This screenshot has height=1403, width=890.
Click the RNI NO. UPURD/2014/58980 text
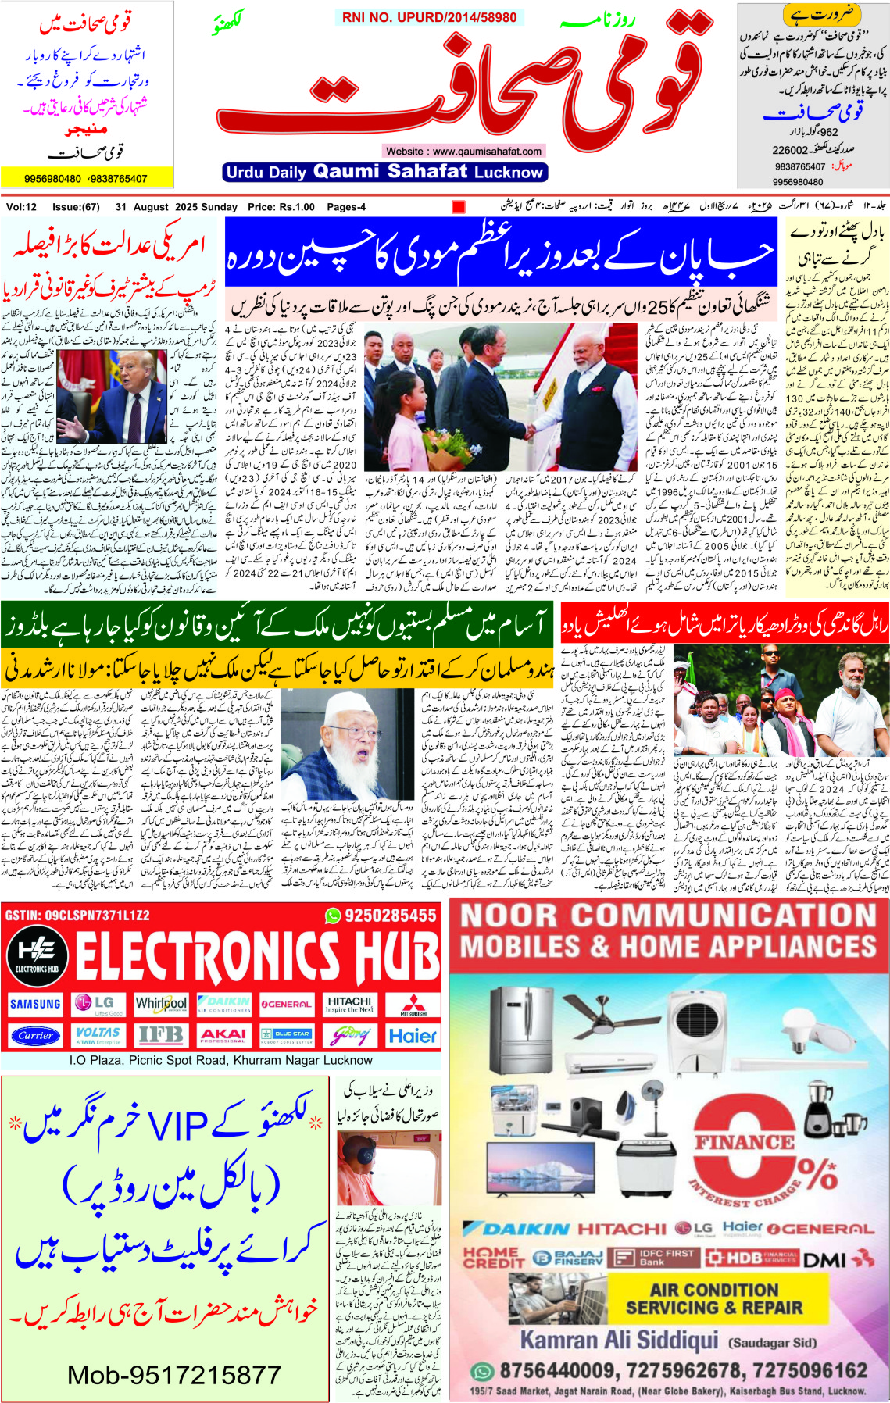point(429,17)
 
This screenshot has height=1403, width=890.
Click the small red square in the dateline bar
point(459,207)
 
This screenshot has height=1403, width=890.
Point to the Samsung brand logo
point(35,1004)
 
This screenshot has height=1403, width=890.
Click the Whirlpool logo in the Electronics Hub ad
point(161,1004)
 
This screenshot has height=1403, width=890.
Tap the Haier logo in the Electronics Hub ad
point(413,1036)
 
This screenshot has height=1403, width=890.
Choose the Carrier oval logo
point(35,1036)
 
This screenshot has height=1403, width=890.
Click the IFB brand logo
point(161,1036)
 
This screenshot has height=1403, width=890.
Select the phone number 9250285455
point(390,915)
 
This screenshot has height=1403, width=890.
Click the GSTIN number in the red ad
point(77,915)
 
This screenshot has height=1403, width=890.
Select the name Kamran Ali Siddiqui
point(619,1341)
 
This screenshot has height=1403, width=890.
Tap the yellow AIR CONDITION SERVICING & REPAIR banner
point(714,1298)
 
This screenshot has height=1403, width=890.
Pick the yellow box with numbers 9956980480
point(86,179)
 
